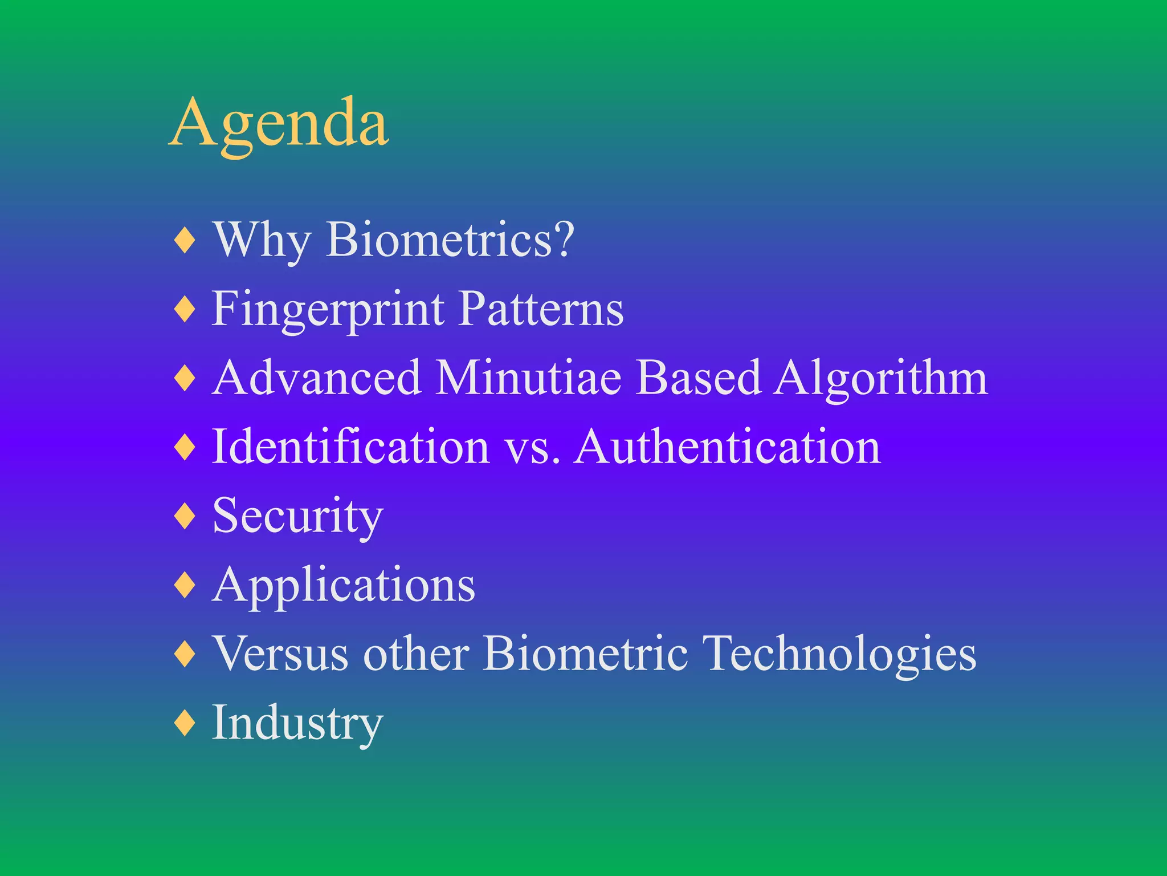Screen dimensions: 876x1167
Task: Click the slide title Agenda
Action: tap(279, 123)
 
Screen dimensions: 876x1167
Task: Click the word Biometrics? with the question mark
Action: tap(450, 240)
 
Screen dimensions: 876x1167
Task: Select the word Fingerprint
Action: tap(328, 310)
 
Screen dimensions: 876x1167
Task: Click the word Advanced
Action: tap(317, 378)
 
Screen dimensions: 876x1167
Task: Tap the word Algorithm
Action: tap(881, 379)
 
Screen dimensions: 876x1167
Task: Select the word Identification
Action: tap(350, 447)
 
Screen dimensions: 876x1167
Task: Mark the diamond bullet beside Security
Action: tap(185, 516)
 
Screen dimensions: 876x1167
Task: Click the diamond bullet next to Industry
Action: tap(185, 723)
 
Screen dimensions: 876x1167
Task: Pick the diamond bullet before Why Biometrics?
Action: tap(185, 240)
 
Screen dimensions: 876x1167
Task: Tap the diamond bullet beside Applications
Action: tap(185, 585)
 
